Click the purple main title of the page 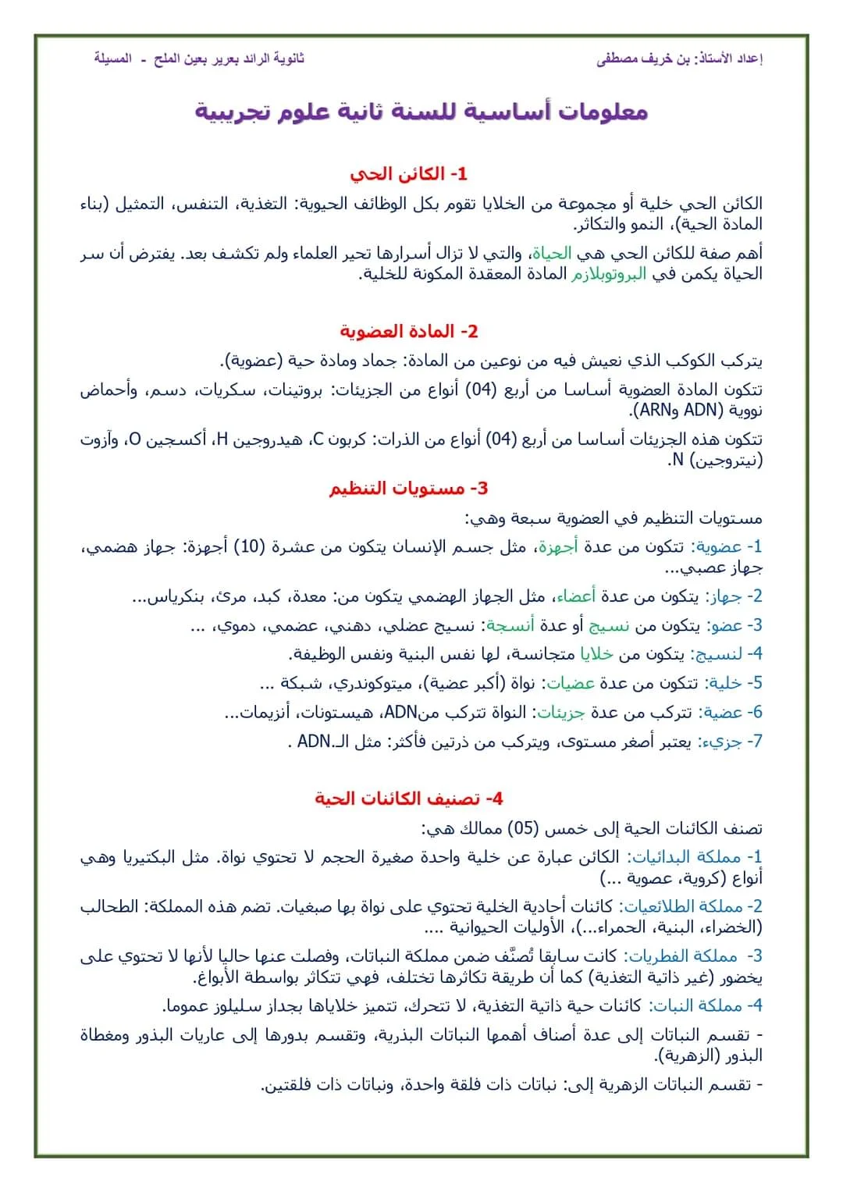point(421,112)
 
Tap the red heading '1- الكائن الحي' point(408,173)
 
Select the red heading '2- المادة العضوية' point(408,331)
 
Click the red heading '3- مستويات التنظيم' point(408,489)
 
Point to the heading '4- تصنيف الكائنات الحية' point(408,799)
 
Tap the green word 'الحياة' point(552,254)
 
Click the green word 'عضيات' point(570,684)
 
